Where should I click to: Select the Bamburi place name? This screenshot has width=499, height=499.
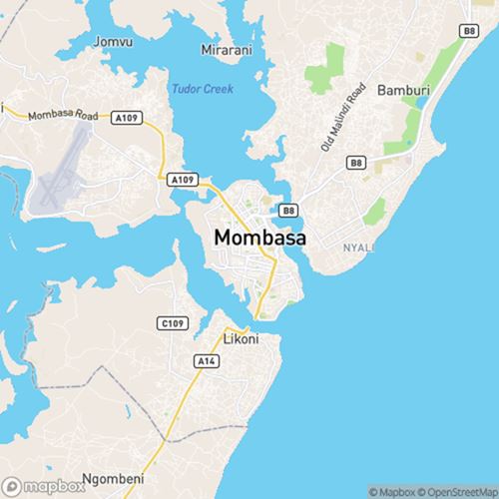404,91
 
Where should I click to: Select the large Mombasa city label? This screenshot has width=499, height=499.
259,239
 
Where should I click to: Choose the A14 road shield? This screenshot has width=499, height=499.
207,359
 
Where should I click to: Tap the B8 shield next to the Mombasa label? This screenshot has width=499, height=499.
287,210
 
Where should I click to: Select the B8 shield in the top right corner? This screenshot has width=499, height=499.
468,32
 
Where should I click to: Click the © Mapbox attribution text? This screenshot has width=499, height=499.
394,491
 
